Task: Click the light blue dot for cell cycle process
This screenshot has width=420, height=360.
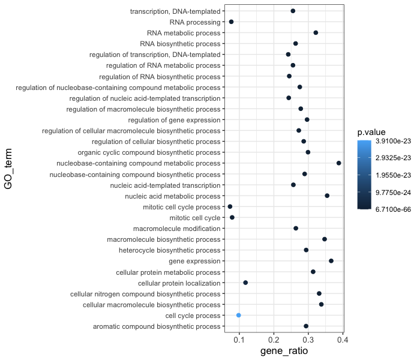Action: pos(239,315)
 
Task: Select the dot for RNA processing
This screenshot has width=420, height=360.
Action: pos(231,22)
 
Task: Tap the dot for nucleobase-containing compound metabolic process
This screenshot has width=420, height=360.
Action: pos(339,163)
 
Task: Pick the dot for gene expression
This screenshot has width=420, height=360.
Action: pos(331,261)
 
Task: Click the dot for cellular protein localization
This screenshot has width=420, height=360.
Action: pos(245,283)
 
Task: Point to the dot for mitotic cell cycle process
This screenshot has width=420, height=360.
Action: pos(230,206)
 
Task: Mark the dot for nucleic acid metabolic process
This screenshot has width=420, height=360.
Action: pos(327,196)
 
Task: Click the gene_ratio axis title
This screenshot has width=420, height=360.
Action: pos(284,351)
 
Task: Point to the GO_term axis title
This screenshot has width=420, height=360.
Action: pos(8,169)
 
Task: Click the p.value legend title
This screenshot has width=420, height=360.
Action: pos(371,132)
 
